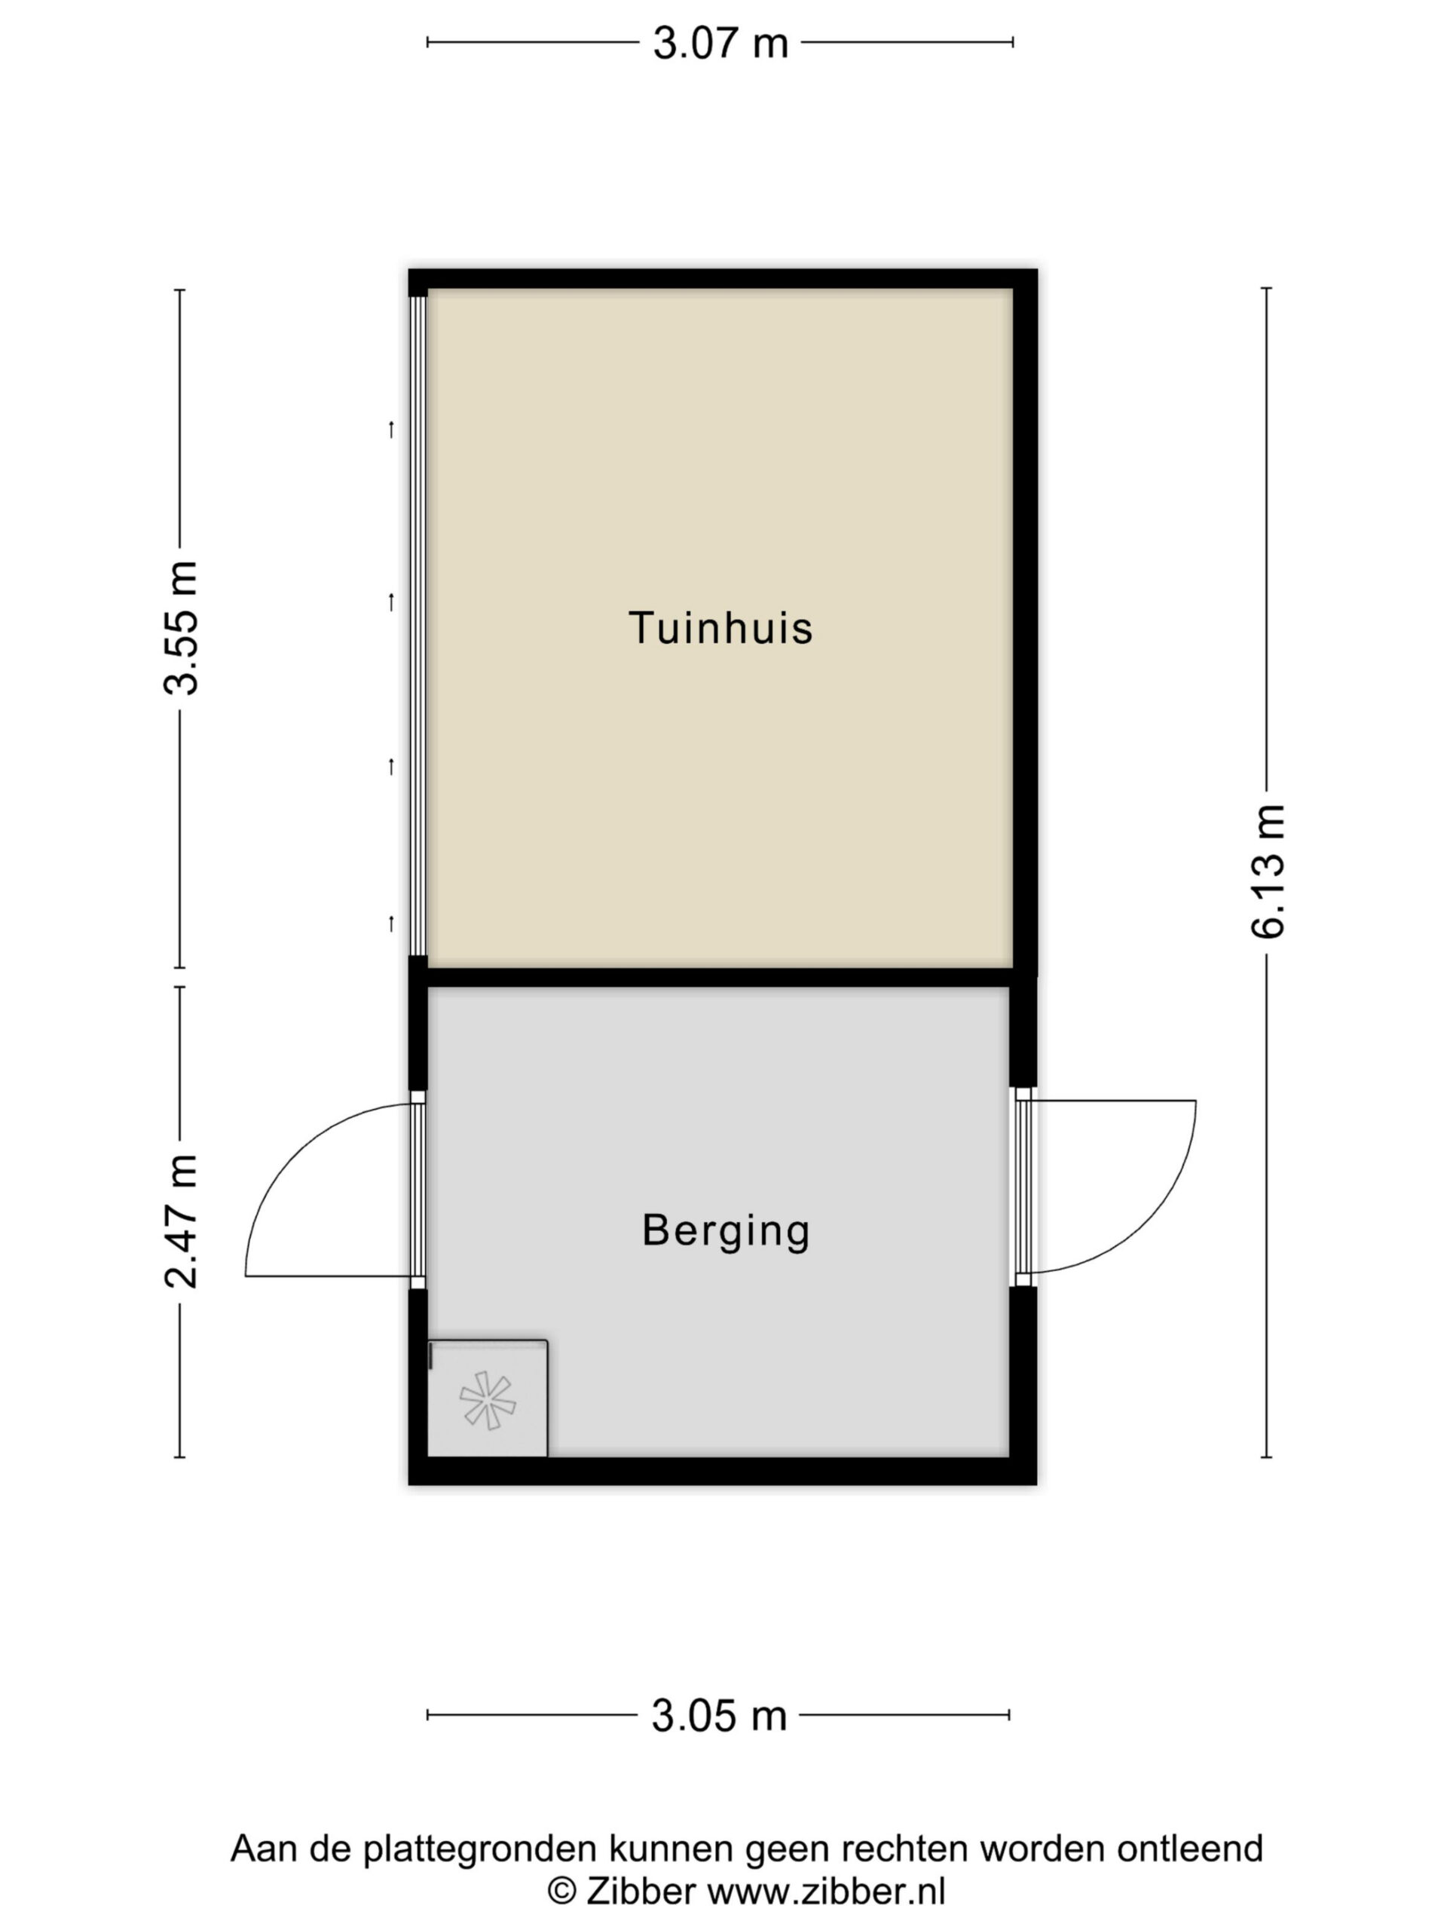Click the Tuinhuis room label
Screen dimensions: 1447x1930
tap(720, 628)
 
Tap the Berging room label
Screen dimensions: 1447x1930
tap(726, 1231)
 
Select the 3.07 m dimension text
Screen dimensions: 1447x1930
tap(720, 43)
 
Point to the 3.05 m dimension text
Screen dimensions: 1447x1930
tap(719, 1715)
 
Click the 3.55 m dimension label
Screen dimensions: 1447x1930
tap(181, 628)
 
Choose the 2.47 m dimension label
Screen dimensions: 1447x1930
tap(181, 1221)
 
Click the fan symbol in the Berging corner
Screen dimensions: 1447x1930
tap(488, 1401)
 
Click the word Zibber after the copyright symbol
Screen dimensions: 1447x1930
tap(640, 1892)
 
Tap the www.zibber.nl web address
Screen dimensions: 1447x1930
tap(825, 1892)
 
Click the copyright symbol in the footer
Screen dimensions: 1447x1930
tap(561, 1892)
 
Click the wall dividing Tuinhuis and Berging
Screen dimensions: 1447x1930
tap(720, 976)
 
